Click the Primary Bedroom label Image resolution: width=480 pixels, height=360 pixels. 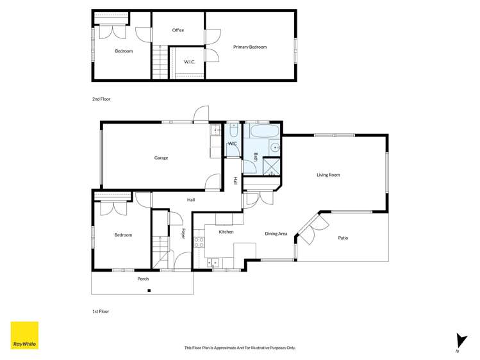point(250,47)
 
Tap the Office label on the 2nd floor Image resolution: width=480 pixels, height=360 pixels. point(178,30)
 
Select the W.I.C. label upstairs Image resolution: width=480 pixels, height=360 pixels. point(189,61)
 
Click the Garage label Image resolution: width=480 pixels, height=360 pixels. point(161,158)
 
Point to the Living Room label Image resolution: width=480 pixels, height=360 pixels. point(328,174)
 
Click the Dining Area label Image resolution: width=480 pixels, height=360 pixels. point(276,234)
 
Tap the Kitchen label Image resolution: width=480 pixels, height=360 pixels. point(226,232)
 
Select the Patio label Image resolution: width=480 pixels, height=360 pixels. point(343,238)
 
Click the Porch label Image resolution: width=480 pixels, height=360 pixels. point(143,279)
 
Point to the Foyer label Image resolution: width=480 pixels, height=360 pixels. point(183,234)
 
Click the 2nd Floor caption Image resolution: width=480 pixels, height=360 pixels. point(101,99)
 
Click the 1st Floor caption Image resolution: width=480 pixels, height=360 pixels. point(101,311)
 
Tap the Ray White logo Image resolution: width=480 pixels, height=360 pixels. point(24,335)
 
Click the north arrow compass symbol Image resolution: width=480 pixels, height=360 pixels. point(458,341)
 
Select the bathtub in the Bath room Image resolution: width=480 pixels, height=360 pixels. point(263,133)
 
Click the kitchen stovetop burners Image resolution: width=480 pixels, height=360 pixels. point(199,242)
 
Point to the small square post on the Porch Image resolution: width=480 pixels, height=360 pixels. point(149,291)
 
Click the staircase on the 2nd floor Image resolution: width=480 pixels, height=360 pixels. point(159,63)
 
